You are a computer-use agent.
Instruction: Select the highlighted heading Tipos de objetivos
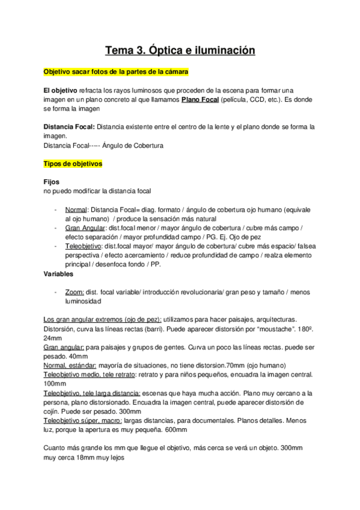click(x=73, y=164)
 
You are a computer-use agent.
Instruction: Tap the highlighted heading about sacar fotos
click(x=116, y=72)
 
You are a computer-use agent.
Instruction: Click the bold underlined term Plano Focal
click(x=200, y=99)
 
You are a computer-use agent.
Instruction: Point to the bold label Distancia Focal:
click(x=69, y=127)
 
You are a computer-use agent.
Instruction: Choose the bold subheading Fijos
click(x=52, y=182)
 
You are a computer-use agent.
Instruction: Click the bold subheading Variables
click(x=58, y=274)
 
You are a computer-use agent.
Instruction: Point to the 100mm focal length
click(x=55, y=383)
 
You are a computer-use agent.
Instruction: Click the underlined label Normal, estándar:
click(x=69, y=365)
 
